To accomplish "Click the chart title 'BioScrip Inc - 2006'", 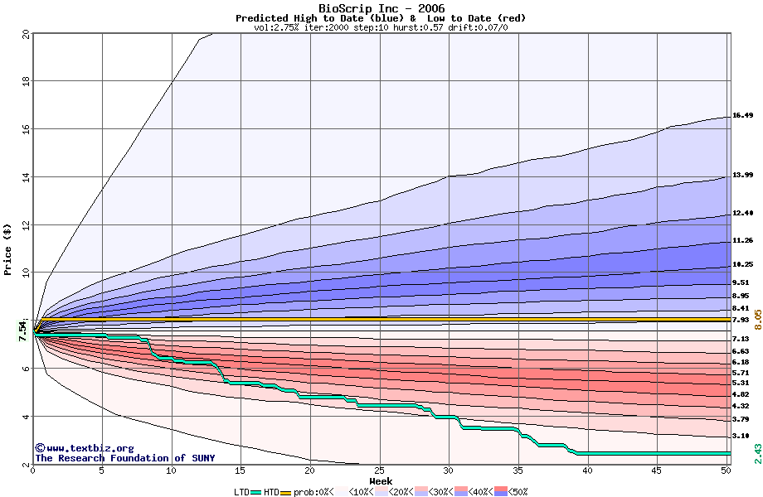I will click(381, 8).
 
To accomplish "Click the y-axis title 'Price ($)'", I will click(7, 249).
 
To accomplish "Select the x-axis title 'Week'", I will click(381, 481).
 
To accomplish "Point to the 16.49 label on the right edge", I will click(742, 116).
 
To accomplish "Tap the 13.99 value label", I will click(742, 176).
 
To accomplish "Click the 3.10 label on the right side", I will click(741, 436).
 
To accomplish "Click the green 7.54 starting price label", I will click(22, 329).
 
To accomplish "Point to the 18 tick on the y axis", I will click(25, 81).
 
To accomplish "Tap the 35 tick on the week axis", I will click(518, 471).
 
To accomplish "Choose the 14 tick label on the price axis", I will click(25, 176).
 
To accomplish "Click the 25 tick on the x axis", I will click(380, 471).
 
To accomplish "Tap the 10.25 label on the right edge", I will click(742, 265).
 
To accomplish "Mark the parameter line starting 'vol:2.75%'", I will click(381, 27).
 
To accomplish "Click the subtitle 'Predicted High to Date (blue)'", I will click(319, 18).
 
